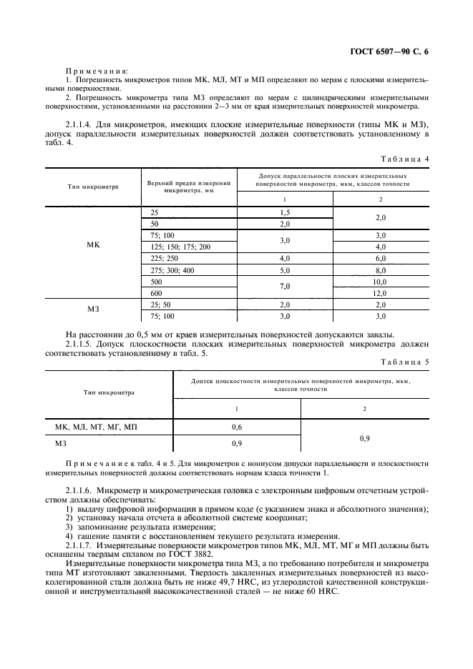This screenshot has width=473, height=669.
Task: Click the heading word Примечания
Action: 97,71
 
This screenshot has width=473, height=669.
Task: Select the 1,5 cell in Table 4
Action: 285,213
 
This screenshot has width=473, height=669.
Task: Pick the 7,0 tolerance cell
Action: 285,287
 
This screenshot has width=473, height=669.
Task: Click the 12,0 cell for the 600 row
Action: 380,293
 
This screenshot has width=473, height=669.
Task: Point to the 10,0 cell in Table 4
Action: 380,282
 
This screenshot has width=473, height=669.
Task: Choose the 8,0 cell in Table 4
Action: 380,270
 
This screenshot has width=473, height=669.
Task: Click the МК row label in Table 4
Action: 93,244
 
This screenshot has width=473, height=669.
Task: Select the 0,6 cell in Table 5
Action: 237,427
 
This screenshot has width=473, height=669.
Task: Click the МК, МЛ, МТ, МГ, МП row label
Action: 96,427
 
